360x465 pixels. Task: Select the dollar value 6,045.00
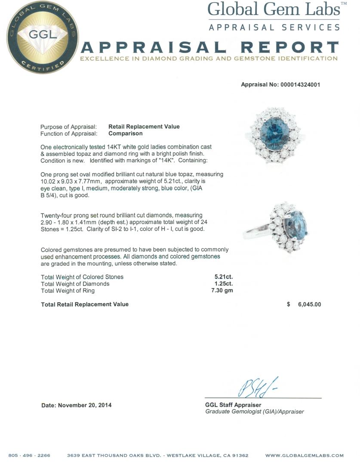point(309,304)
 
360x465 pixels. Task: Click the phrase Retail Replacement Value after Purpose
point(144,127)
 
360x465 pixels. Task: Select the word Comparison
point(125,133)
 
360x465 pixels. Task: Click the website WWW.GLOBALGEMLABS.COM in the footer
point(304,456)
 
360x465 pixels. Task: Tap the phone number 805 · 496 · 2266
point(29,456)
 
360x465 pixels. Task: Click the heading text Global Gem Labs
point(274,9)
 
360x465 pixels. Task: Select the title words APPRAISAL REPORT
point(209,47)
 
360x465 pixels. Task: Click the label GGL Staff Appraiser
point(233,405)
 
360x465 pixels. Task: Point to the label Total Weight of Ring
point(68,291)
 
